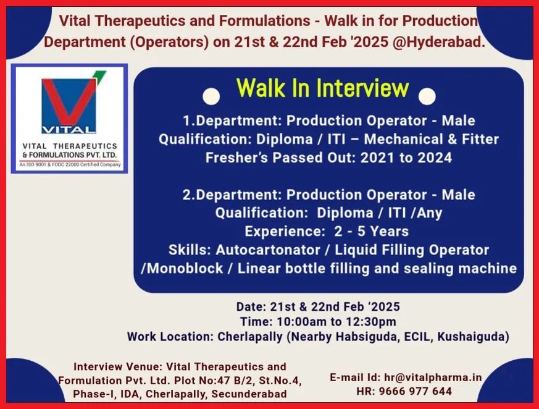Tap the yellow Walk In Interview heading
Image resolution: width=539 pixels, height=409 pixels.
323,88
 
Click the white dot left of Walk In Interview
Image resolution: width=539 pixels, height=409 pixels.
211,96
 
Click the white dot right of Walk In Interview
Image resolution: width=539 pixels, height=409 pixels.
427,96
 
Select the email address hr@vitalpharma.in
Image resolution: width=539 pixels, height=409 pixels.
433,377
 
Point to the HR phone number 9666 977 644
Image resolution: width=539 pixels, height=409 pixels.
416,391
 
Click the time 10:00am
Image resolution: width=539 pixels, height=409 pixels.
302,322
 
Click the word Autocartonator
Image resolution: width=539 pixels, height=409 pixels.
268,250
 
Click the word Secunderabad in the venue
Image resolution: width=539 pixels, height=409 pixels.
249,394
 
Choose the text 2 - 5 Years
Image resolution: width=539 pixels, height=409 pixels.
371,232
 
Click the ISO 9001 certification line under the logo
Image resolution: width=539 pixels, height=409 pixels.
70,165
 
